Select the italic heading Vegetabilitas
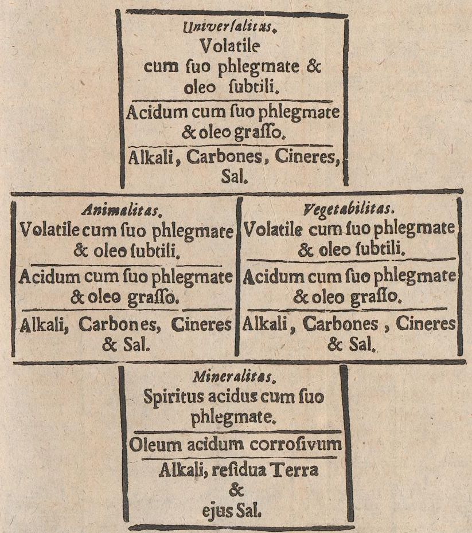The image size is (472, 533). coord(349,210)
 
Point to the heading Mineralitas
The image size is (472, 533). coord(233,377)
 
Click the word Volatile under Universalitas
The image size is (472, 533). coord(230,45)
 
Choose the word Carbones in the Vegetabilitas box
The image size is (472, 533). coord(341,324)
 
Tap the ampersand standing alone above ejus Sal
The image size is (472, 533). coord(236,491)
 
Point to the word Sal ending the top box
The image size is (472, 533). coord(234,177)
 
